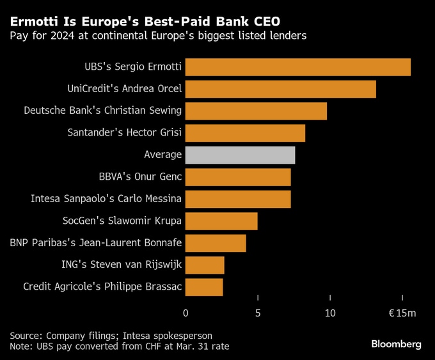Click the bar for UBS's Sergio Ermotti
(x=297, y=67)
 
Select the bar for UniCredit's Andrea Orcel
(x=280, y=89)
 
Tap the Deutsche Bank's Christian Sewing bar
(x=256, y=111)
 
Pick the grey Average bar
(x=240, y=155)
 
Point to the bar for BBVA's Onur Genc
(x=238, y=177)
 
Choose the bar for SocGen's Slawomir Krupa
(x=221, y=221)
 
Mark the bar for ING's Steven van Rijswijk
(x=205, y=265)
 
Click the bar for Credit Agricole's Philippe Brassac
(x=204, y=287)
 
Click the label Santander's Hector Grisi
(x=124, y=133)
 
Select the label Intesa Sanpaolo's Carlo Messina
(x=106, y=199)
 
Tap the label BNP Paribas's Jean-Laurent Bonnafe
(x=96, y=243)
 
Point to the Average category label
(x=163, y=155)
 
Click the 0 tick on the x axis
(x=186, y=313)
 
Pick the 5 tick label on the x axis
(x=258, y=313)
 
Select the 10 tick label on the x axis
(x=330, y=313)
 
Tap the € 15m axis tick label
(x=402, y=313)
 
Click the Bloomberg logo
(x=397, y=344)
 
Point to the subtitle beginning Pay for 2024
(x=157, y=35)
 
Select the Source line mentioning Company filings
(x=111, y=335)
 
